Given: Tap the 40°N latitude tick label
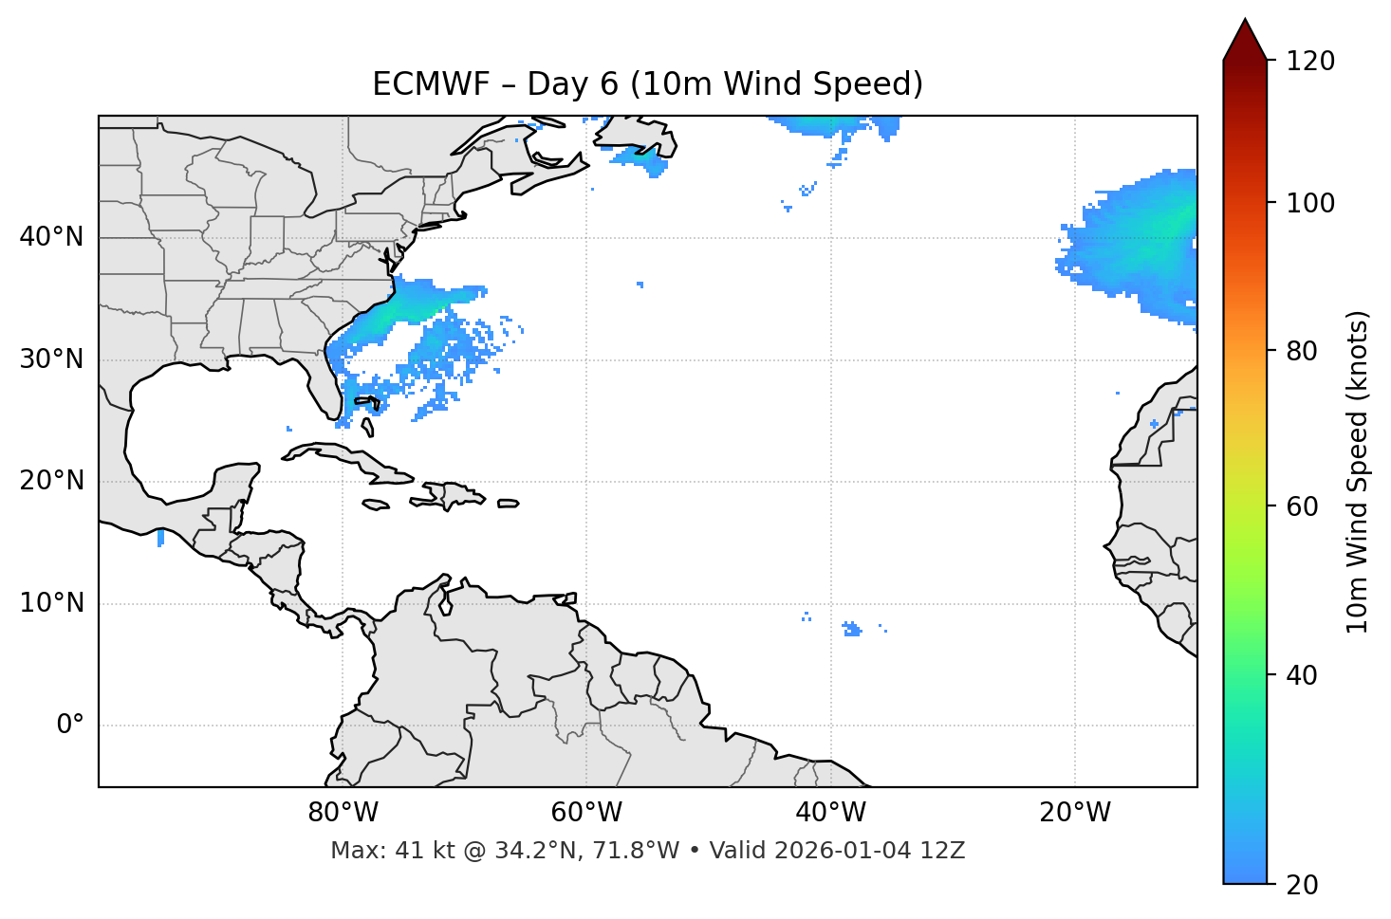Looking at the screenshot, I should coord(51,237).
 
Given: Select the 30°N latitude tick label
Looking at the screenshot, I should coord(51,359).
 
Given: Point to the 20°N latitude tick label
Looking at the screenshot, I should coord(51,481).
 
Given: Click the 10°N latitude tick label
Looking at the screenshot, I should coord(51,603).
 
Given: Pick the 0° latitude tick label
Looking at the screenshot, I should coord(70,726).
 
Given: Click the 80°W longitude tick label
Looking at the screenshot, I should coord(343,813).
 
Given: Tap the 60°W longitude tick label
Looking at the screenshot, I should coord(586,813).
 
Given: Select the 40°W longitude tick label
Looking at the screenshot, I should coord(830,813).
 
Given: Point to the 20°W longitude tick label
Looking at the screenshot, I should coord(1074,813).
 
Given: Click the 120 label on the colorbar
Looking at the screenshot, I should coord(1310,62).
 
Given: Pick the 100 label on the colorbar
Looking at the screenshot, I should coord(1310,203).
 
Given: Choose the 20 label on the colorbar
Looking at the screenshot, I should coord(1301,885).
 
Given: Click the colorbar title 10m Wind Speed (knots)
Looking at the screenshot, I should coord(1358,471).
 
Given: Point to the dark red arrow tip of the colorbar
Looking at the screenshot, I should coord(1244,28).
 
